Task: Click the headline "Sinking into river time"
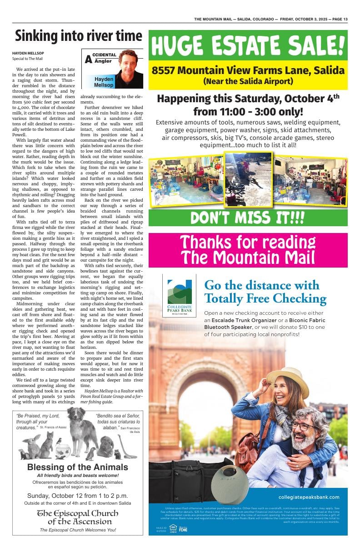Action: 78,35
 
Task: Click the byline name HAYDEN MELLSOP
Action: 28,53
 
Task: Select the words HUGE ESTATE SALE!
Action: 248,45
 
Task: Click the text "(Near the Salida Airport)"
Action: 248,82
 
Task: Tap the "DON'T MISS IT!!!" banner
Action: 248,218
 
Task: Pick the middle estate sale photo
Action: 248,179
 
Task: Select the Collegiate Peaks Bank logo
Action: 180,295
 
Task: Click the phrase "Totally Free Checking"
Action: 265,298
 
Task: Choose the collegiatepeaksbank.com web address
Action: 309,497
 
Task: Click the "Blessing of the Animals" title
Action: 77,467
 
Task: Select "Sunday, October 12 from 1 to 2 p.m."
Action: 77,495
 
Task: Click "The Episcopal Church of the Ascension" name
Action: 77,517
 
